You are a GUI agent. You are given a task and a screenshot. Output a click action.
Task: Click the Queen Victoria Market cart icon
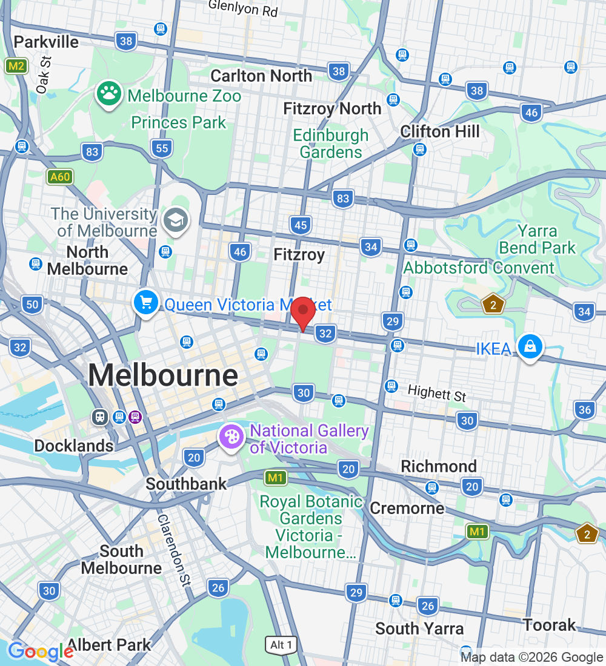point(146,303)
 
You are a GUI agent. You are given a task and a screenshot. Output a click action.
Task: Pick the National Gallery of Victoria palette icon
point(230,438)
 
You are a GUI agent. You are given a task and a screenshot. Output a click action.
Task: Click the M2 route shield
point(16,66)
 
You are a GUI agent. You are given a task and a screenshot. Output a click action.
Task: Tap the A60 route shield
point(60,177)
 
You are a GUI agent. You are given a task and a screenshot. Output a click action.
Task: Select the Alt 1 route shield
point(281,645)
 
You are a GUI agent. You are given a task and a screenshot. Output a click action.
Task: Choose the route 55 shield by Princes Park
point(162,148)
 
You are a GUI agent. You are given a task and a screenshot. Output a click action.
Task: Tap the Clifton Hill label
point(440,131)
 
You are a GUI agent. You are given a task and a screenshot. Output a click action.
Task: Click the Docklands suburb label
point(73,446)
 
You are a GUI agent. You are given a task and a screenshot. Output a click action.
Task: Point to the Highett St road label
point(436,394)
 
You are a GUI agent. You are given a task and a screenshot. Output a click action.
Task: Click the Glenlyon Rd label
point(243,8)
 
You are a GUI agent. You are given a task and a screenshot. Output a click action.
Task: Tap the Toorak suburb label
point(550,625)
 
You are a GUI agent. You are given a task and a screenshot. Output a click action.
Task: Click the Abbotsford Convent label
point(479,268)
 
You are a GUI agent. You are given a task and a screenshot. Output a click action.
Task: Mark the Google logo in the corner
point(40,651)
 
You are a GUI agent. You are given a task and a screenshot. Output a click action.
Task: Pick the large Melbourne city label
point(163,375)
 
